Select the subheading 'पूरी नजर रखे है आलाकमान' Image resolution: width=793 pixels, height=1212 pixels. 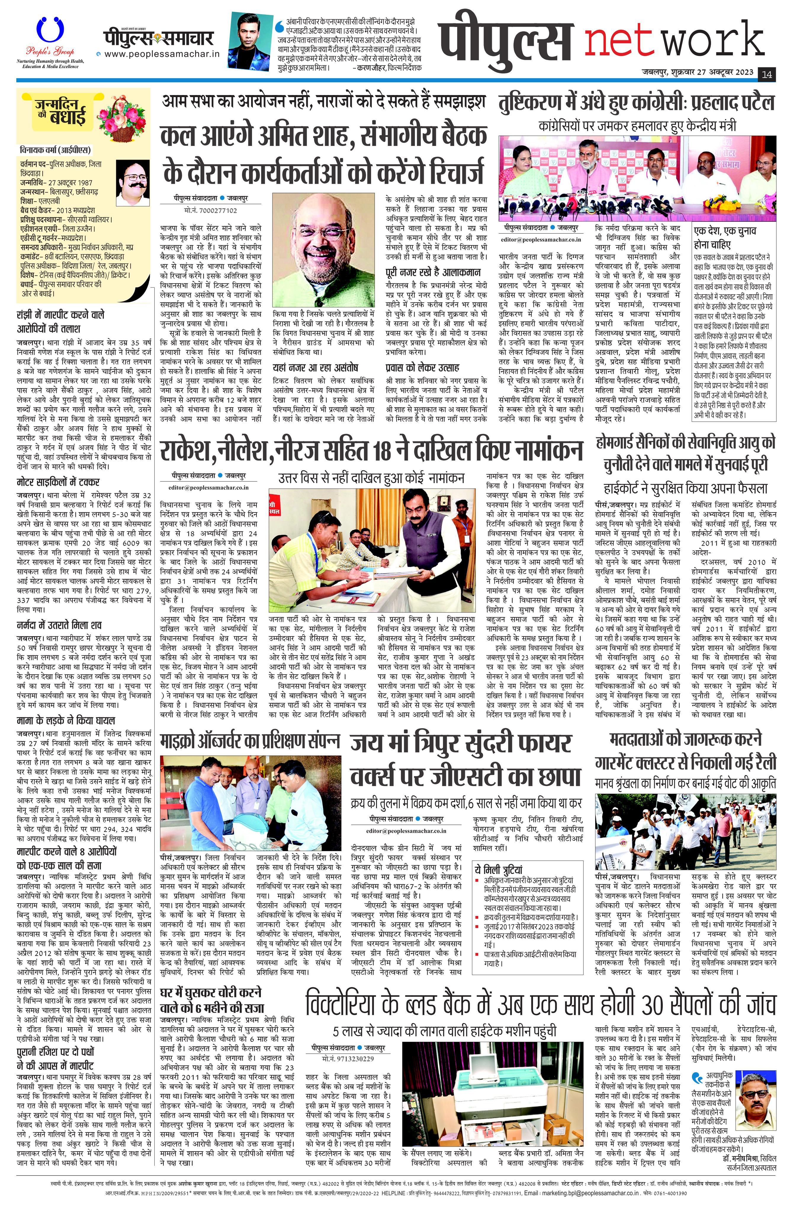433,272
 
